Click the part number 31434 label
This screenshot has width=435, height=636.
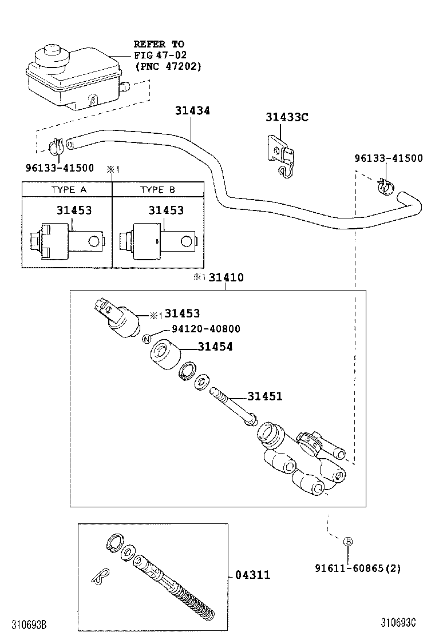[x=192, y=110]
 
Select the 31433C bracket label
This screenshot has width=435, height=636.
[x=287, y=117]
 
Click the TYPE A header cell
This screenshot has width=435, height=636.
[x=66, y=189]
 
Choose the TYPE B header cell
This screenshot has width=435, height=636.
[x=157, y=189]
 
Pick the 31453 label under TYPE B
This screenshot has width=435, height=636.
[x=166, y=210]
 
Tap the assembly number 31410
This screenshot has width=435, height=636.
[x=226, y=278]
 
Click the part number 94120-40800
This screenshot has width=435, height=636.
[x=206, y=329]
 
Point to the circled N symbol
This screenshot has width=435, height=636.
[x=147, y=339]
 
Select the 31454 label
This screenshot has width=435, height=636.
[x=215, y=347]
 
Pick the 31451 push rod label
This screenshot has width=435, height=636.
[x=264, y=396]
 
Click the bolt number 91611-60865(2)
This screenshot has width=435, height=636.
[x=358, y=568]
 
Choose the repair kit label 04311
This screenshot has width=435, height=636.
[x=252, y=575]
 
